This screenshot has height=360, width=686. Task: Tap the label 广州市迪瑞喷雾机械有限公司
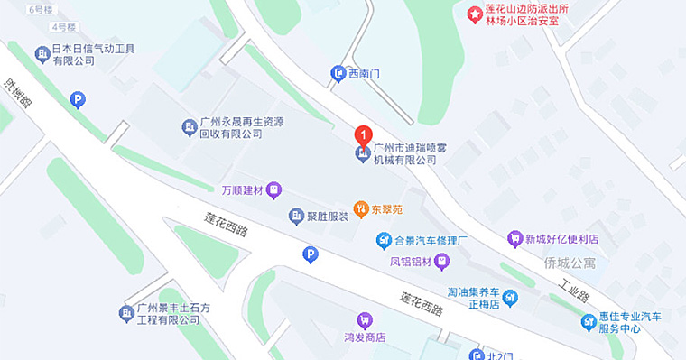click(405, 152)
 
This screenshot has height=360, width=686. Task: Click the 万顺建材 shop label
click(241, 190)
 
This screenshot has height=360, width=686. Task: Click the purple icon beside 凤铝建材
click(441, 262)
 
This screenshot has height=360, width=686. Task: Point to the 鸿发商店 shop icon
click(365, 319)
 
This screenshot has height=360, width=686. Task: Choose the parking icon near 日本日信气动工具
click(79, 99)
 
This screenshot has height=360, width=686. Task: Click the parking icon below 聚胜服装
click(310, 255)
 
